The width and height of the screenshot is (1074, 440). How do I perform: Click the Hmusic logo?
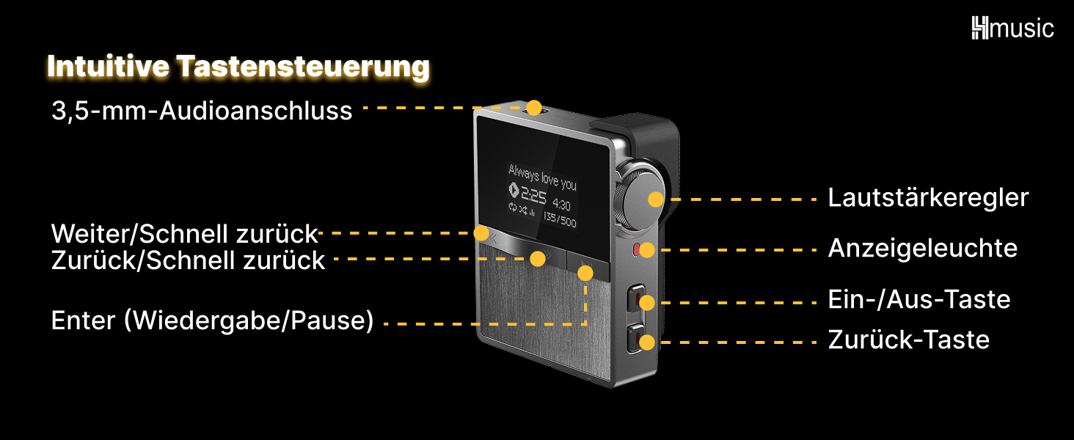1012,29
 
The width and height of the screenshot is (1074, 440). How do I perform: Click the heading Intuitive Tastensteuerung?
238,67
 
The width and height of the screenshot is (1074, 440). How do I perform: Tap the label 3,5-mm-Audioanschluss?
202,111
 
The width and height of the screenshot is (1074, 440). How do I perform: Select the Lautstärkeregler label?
928,198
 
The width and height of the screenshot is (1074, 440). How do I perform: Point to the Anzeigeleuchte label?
922,249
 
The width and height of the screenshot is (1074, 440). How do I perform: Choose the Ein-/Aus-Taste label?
918,299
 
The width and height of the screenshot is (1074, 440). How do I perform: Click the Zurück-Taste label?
908,340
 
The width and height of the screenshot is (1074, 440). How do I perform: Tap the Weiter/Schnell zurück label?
184,235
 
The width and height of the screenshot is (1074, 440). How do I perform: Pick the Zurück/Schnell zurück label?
188,260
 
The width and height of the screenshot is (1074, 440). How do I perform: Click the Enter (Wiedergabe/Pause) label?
212,320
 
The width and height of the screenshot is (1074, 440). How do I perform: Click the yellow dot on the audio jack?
534,108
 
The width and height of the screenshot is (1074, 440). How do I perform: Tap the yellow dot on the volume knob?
655,198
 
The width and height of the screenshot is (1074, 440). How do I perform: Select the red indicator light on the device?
638,249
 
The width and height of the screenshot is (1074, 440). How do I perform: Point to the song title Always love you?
543,176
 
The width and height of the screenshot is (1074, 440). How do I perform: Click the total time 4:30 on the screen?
561,205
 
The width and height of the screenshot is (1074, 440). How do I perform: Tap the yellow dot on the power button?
646,301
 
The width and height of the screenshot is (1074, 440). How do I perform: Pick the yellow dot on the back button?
646,341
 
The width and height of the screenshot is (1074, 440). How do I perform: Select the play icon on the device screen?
514,191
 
